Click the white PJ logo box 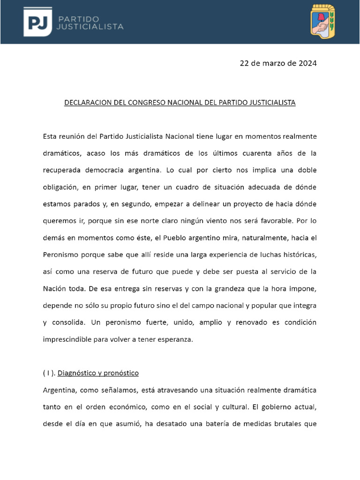[38, 22]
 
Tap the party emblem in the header [323, 22]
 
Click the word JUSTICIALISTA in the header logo [90, 27]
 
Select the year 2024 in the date [307, 63]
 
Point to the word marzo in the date [270, 63]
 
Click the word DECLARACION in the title [87, 102]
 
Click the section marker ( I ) [48, 373]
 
